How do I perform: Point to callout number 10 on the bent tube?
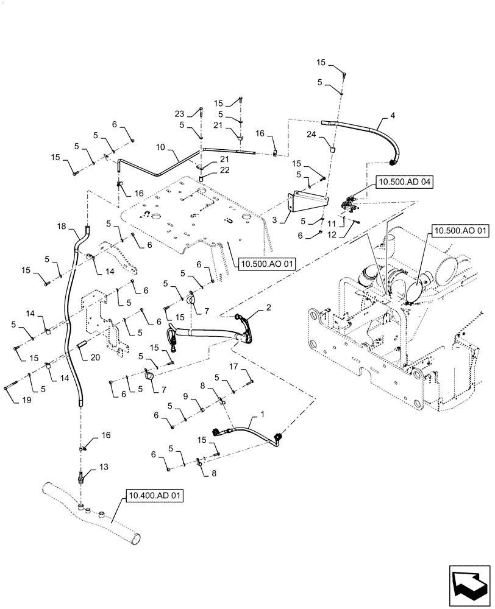click(159, 148)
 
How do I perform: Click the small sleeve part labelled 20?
click(82, 346)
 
